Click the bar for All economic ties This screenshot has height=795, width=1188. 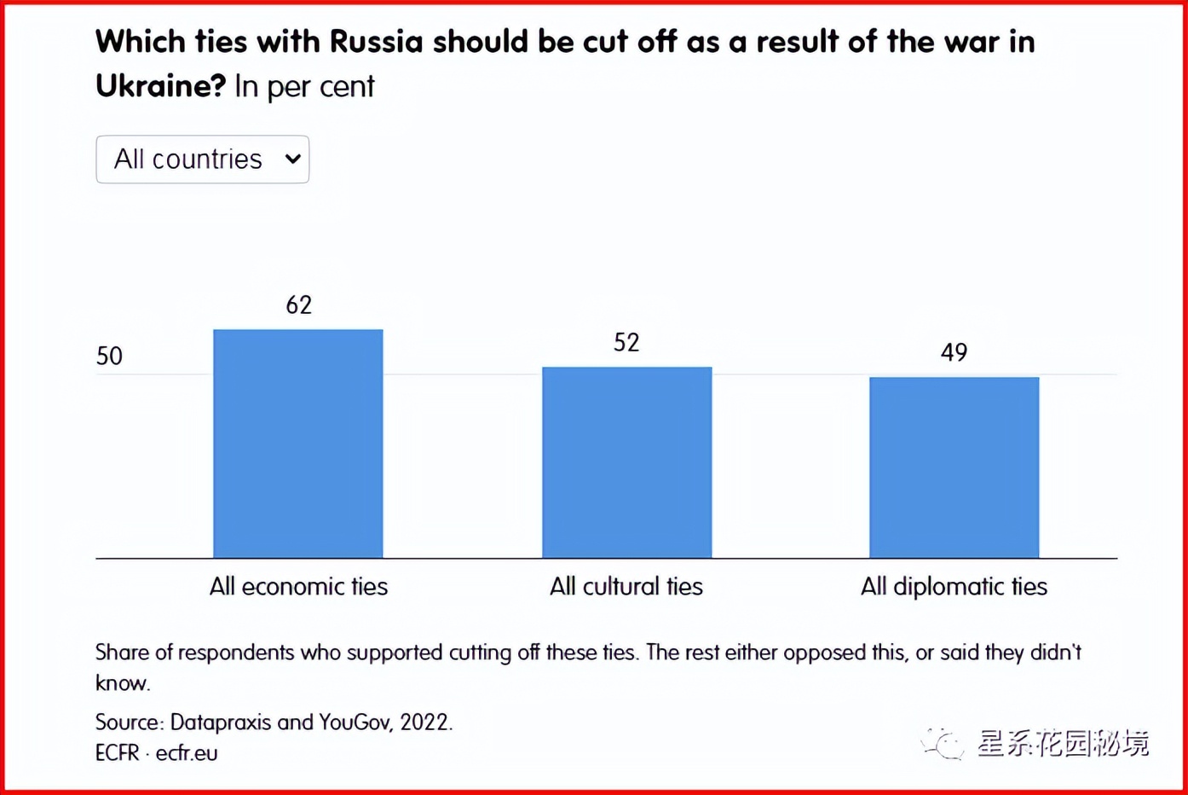297,444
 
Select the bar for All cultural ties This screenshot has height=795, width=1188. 626,462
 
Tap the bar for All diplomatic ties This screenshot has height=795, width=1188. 954,467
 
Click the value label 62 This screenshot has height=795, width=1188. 299,305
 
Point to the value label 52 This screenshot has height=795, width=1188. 626,343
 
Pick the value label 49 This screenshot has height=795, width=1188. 954,352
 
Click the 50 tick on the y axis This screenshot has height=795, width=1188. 109,356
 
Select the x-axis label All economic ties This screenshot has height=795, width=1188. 298,586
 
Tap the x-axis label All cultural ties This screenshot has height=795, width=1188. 626,586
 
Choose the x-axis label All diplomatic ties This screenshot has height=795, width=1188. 954,586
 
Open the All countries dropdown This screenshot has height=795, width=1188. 202,160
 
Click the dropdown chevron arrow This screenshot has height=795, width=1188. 292,160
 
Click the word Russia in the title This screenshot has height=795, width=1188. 376,42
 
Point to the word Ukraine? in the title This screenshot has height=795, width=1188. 160,86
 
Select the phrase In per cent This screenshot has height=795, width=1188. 304,86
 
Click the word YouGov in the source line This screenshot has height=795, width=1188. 355,722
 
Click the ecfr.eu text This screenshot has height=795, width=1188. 187,753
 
